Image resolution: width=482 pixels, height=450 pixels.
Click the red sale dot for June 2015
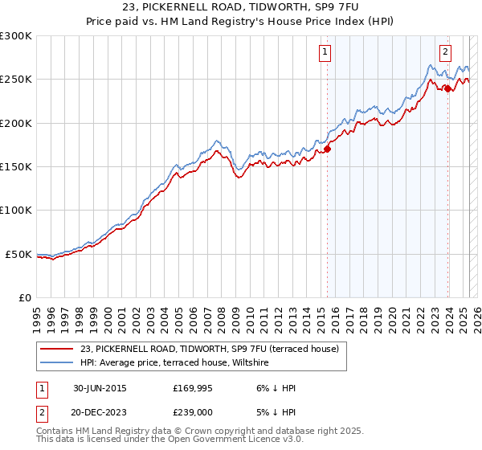(x=328, y=149)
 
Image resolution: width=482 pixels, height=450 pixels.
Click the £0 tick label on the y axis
(x=24, y=298)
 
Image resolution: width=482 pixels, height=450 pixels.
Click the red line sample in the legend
(x=57, y=349)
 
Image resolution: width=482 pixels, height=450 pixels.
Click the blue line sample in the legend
(x=57, y=362)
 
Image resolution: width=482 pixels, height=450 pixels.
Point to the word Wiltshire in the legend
(x=251, y=362)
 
